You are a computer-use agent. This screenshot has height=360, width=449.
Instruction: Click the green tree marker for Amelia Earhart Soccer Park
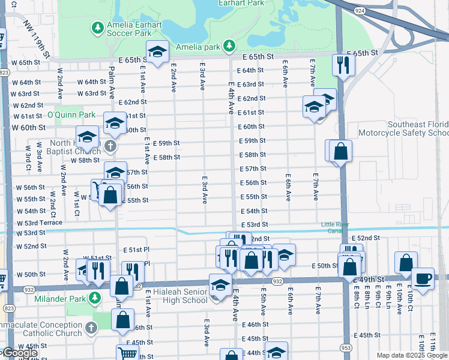click(97, 28)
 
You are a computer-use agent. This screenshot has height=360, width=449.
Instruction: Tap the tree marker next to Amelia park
click(228, 46)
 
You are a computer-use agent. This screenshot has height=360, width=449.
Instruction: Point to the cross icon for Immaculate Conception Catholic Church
click(91, 328)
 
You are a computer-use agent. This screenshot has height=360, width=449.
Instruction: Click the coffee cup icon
click(423, 278)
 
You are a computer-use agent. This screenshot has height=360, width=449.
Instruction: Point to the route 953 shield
click(346, 347)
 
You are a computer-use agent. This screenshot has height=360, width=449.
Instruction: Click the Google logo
click(19, 353)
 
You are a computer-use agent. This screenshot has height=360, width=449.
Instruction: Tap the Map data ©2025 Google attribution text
click(412, 355)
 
